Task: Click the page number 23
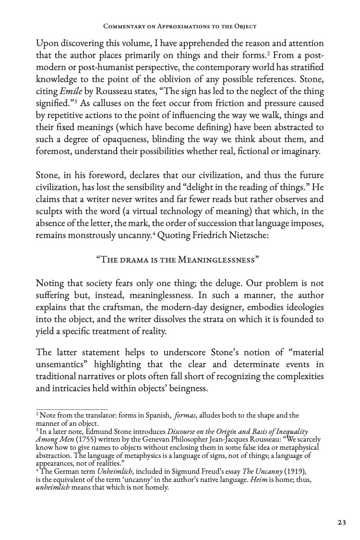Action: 341,523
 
